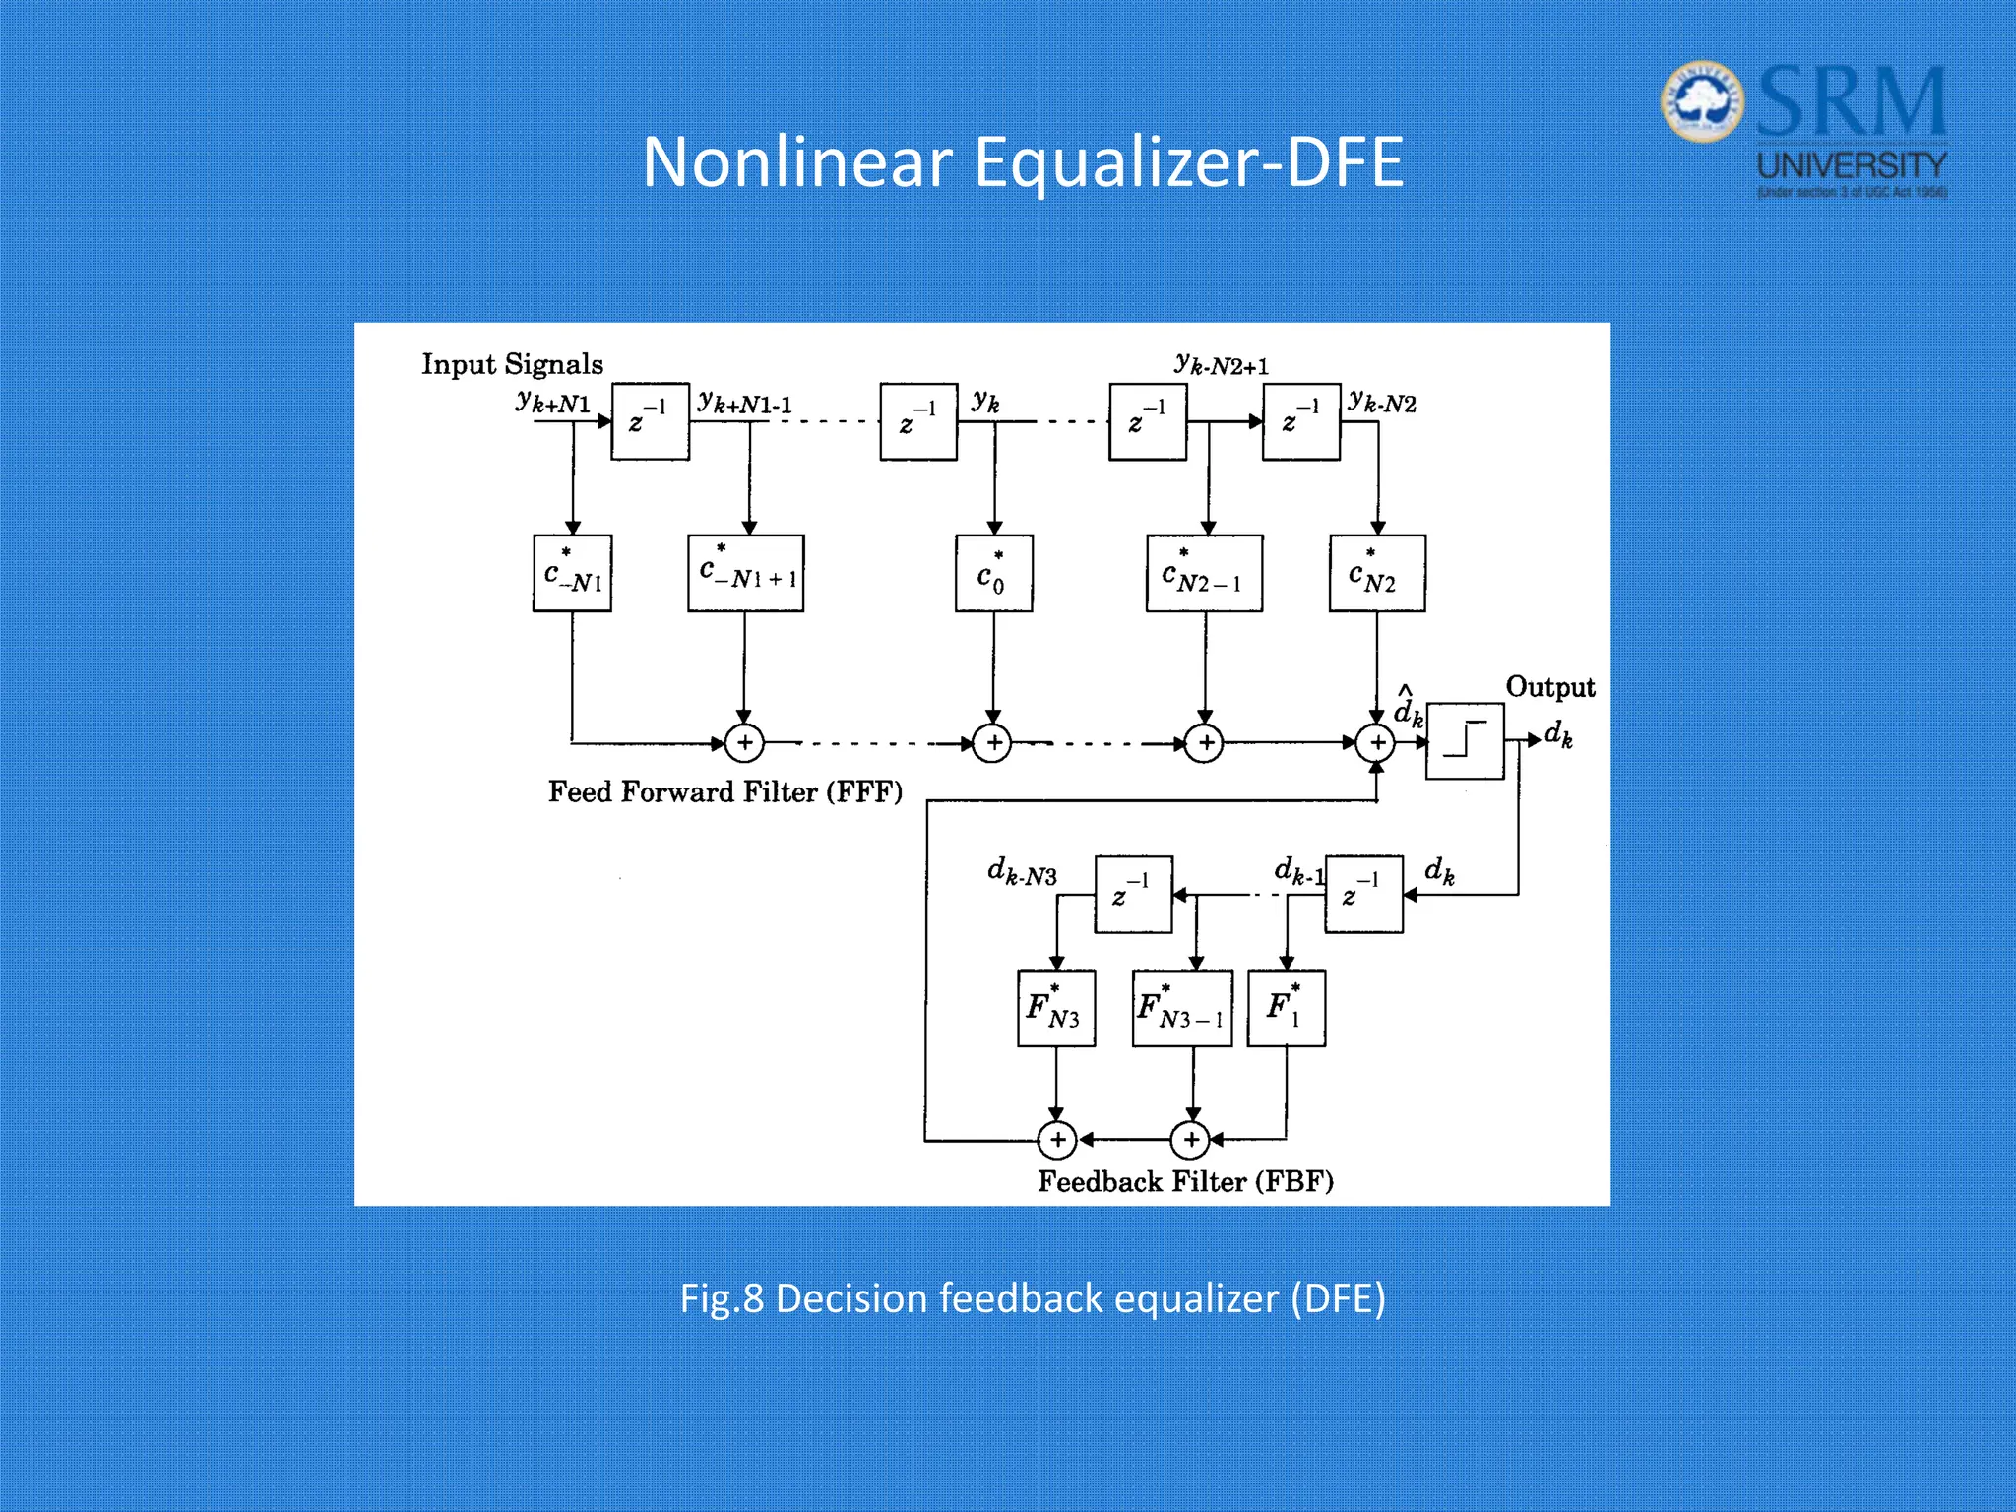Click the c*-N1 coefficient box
572,573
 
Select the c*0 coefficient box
993,573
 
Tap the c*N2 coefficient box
1376,573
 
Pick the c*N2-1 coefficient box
1204,573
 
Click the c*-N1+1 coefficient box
745,573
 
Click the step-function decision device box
1465,741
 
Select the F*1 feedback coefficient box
1286,1008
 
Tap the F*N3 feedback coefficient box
1055,1008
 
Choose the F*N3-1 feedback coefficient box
1181,1008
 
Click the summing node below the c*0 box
993,743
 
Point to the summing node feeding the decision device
1376,743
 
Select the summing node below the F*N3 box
1057,1140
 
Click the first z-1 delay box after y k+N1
650,422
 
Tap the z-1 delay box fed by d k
1363,895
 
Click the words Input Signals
512,364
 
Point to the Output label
1549,687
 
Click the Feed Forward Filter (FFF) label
724,792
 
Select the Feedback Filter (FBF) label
1185,1181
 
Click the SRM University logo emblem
1703,101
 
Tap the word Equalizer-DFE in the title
1187,162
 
